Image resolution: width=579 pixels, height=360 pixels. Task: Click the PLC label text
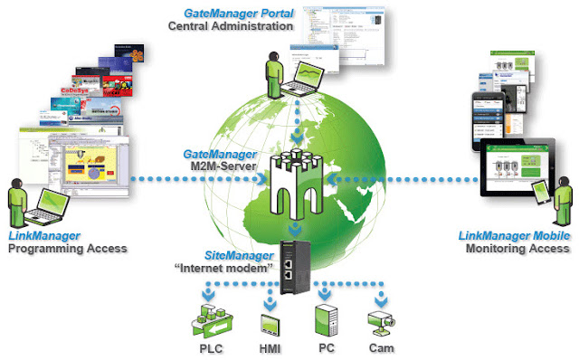(213, 348)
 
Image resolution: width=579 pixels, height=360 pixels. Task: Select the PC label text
(326, 348)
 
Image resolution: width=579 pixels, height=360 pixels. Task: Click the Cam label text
(382, 348)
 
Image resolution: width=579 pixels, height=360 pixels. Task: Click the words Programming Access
(68, 248)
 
